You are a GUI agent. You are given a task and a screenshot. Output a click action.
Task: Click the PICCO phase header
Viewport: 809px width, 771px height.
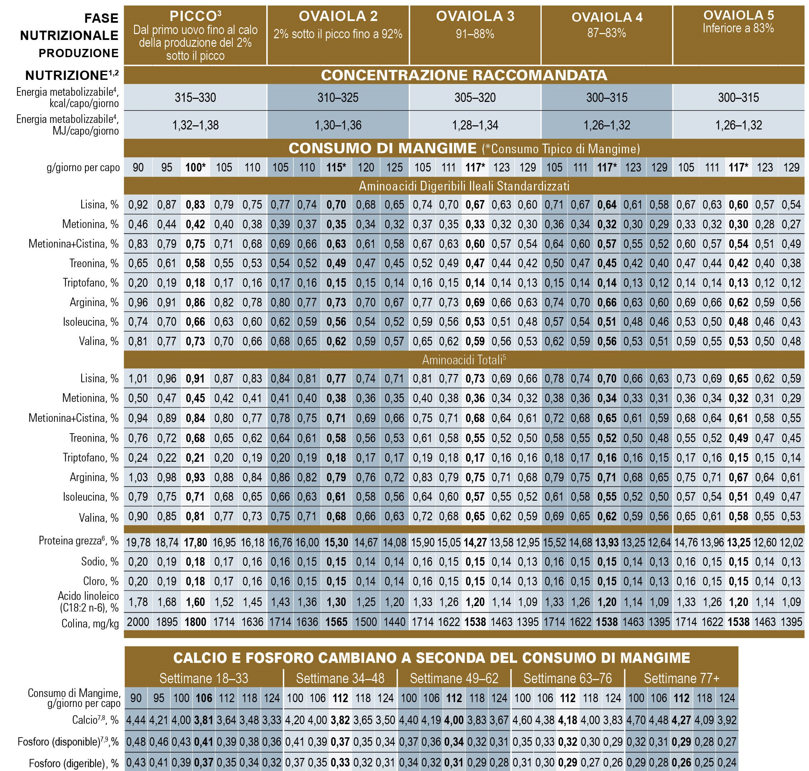(195, 16)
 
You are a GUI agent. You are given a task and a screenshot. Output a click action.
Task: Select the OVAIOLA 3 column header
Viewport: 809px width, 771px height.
(475, 16)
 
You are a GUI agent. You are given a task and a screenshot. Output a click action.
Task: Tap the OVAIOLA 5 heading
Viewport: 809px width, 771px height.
(738, 15)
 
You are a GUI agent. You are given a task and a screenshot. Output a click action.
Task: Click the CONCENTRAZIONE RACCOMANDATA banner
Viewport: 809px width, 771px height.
(464, 75)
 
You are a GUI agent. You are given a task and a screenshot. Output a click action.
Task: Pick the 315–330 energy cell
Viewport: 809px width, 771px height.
(195, 97)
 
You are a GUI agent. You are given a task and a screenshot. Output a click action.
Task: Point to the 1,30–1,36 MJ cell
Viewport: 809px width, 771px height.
(338, 125)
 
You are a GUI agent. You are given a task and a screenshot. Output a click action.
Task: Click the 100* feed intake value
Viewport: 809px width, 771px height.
(195, 167)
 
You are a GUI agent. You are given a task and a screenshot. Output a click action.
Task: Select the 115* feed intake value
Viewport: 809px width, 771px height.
(336, 167)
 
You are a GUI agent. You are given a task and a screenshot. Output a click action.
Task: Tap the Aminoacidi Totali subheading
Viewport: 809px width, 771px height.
(464, 360)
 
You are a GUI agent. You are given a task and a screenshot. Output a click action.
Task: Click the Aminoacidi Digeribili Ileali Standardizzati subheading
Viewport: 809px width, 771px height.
(464, 186)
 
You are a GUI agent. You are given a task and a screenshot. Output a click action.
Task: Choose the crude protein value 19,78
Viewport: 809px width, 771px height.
(138, 542)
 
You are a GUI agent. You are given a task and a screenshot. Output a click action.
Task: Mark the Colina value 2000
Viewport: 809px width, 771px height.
(138, 622)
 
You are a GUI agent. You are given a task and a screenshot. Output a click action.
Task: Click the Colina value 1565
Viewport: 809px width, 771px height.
(336, 622)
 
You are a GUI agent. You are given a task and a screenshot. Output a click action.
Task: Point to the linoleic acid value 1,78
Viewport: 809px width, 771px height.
(138, 602)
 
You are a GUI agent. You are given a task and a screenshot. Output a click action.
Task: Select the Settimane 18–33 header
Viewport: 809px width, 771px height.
(204, 678)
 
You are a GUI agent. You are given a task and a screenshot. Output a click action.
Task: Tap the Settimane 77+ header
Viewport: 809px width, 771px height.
(682, 678)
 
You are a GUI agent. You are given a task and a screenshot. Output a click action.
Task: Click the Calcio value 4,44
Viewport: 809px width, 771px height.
(136, 720)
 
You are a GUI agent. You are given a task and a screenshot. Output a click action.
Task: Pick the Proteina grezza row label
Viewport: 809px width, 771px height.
(78, 541)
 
